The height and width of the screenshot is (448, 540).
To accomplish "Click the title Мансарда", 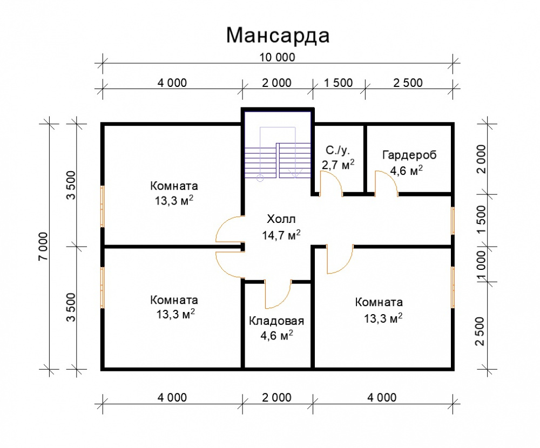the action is click(278, 36).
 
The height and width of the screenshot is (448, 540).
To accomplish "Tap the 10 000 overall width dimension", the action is click(277, 57).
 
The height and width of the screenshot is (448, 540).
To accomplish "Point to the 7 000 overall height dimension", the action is click(43, 246).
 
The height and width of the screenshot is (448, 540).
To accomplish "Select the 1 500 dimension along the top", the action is click(339, 83).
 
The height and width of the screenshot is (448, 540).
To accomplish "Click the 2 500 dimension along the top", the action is click(408, 83).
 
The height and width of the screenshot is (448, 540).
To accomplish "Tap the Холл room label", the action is click(281, 219).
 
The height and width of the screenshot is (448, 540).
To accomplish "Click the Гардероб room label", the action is click(409, 155).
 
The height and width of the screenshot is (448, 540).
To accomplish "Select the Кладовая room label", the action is click(276, 321).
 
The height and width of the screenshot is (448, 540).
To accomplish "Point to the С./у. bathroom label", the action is click(337, 150).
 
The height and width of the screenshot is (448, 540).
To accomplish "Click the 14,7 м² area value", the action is click(281, 235).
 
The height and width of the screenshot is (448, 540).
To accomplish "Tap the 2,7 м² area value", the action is click(338, 165).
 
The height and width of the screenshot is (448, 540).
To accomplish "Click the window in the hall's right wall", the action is click(453, 221).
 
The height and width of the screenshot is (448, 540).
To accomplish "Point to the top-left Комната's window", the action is click(102, 207).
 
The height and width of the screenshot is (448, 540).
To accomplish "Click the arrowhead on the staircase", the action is click(295, 174).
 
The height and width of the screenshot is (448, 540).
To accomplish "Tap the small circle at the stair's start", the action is click(260, 178).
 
